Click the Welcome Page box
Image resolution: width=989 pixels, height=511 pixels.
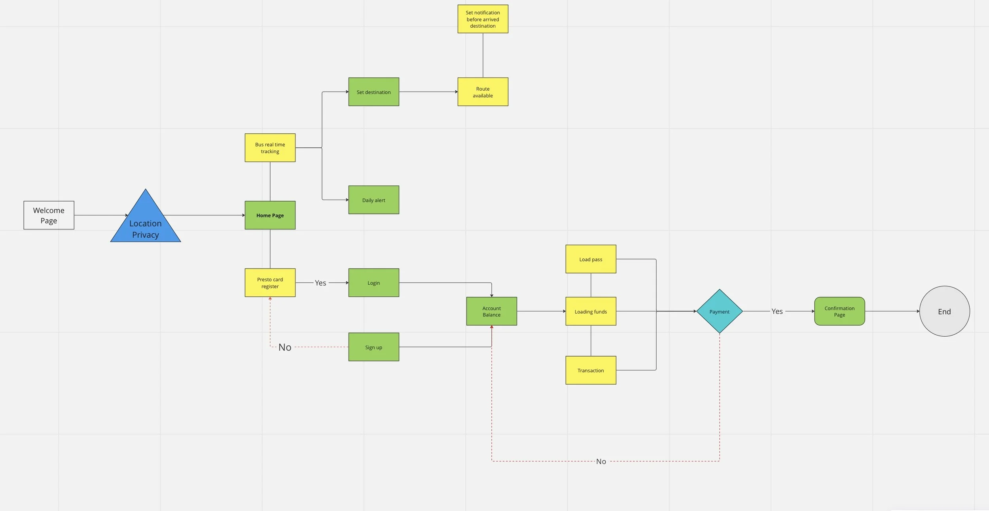[x=49, y=215]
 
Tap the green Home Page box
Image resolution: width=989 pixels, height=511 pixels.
[x=270, y=215]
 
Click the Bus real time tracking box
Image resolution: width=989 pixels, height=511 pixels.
[x=270, y=148]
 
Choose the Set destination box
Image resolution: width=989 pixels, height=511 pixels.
[x=373, y=92]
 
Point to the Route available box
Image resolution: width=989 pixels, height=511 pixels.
[x=483, y=92]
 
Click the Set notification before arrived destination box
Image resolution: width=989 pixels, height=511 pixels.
[x=483, y=19]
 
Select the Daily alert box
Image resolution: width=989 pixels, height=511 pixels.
[x=373, y=200]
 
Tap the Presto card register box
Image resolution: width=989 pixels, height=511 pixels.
[x=270, y=283]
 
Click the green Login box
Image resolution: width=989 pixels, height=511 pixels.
[x=373, y=283]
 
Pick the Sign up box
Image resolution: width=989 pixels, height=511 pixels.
[x=373, y=347]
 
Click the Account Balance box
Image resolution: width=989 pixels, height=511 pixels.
[x=491, y=311]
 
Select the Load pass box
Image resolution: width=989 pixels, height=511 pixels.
[x=591, y=259]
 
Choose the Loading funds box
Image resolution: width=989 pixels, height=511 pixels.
[x=591, y=311]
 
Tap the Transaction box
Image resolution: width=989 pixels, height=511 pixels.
[x=591, y=370]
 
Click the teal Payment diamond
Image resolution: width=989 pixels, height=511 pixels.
[x=719, y=311]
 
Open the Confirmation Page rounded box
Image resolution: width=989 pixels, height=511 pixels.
[x=839, y=311]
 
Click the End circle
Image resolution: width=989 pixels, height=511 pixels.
[x=944, y=311]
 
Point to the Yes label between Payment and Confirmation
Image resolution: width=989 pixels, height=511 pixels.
[x=777, y=311]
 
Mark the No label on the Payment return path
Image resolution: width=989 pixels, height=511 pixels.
[x=601, y=461]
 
